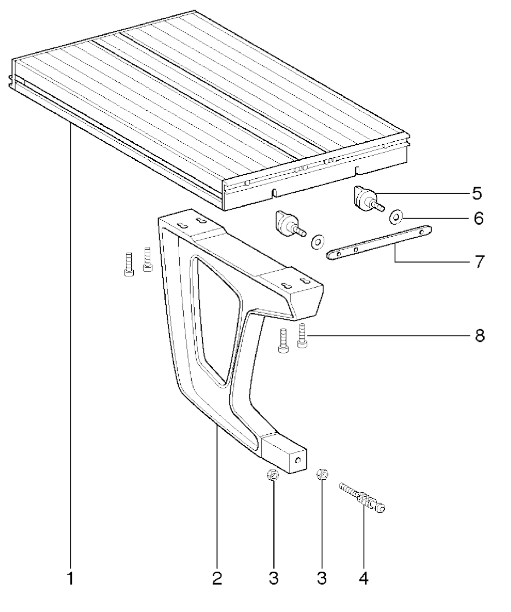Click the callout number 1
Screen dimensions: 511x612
tap(70, 579)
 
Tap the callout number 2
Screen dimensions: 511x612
tap(217, 579)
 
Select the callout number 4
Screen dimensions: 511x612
tap(364, 579)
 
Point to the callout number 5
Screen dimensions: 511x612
tap(477, 194)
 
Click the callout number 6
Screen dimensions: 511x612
tap(479, 218)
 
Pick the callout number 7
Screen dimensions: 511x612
tap(480, 262)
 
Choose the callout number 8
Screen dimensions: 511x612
tap(480, 335)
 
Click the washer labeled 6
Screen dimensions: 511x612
tap(396, 218)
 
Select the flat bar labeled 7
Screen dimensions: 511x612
tap(379, 243)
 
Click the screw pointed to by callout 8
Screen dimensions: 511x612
tap(302, 335)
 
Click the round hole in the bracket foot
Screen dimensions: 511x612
tap(298, 460)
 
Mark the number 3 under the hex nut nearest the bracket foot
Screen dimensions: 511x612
tap(273, 579)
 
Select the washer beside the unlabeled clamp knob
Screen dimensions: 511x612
tap(317, 242)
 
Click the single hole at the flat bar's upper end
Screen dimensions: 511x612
tap(422, 232)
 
